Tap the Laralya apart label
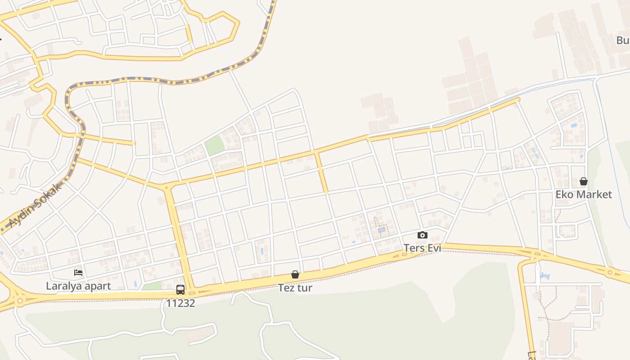(78, 286)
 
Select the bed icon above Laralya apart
(78, 272)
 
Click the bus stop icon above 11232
(180, 289)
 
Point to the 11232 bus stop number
(180, 303)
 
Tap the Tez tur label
(295, 288)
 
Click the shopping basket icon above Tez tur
(295, 274)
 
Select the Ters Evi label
(422, 248)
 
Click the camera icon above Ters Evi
(422, 235)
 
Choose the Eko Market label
(584, 194)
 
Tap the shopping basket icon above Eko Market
(584, 181)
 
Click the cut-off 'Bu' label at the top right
(623, 40)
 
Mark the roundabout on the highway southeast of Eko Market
(609, 272)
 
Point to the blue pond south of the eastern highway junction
(545, 275)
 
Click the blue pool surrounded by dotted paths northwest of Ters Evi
(382, 230)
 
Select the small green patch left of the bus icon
(153, 286)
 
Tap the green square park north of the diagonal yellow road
(214, 146)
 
